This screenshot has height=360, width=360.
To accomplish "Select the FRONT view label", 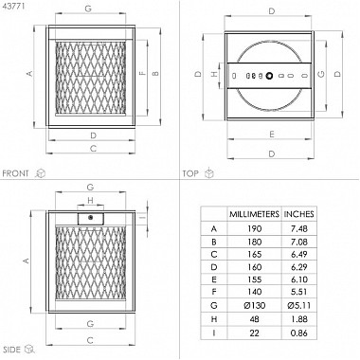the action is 15,173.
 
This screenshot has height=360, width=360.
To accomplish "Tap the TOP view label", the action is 190,173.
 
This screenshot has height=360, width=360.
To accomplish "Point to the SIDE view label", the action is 11,350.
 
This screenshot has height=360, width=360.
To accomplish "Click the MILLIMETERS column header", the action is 254,214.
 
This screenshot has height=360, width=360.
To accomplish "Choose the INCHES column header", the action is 298,214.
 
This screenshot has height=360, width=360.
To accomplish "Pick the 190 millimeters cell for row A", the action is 254,228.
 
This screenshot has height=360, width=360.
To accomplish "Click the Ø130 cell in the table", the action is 254,306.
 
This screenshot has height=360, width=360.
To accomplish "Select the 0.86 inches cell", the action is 298,333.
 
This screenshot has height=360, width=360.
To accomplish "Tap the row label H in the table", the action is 214,319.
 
